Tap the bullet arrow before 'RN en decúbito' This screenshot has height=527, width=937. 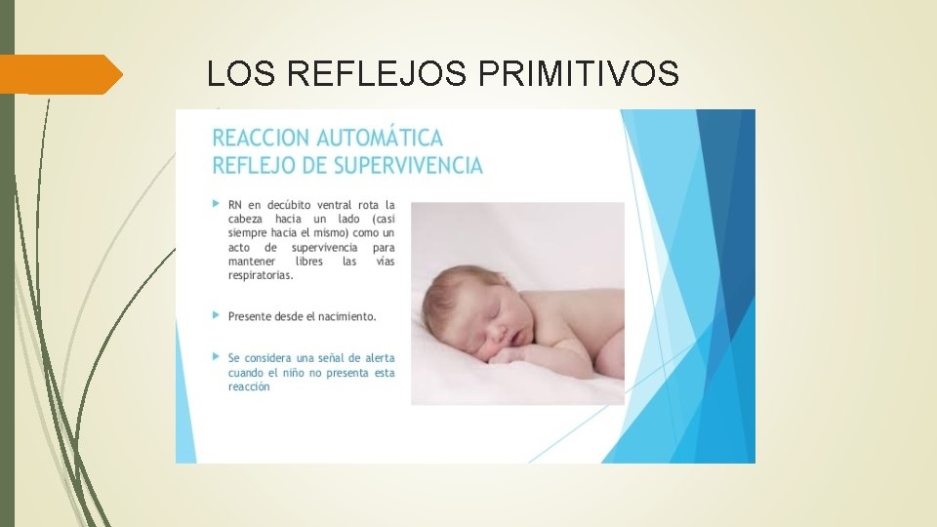click(216, 204)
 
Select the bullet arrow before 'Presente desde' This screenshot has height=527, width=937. click(216, 316)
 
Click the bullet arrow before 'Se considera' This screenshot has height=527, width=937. click(216, 358)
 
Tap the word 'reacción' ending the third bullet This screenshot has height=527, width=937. click(249, 386)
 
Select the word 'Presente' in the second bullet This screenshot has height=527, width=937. click(252, 316)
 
